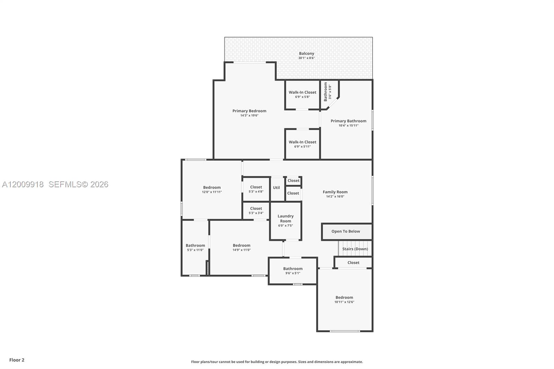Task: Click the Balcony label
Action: (306, 54)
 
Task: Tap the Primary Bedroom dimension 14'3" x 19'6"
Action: (249, 116)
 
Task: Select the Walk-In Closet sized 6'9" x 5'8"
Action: (302, 94)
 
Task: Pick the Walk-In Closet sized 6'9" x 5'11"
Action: (302, 144)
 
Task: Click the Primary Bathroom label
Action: (348, 121)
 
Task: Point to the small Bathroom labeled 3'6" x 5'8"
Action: (327, 92)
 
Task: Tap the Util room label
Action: (276, 188)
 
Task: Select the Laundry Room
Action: (286, 220)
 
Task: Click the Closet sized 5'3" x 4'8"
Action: (256, 189)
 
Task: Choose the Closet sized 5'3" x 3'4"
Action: (256, 210)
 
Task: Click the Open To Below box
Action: (346, 231)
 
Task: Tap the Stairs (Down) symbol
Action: (355, 249)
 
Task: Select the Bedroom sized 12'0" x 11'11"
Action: (212, 189)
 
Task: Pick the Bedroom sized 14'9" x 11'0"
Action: (241, 247)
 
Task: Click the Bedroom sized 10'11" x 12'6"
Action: (344, 299)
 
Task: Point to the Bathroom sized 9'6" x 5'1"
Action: (293, 271)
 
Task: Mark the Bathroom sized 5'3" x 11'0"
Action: (195, 247)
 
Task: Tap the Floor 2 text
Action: (17, 360)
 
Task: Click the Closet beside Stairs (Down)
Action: (353, 263)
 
